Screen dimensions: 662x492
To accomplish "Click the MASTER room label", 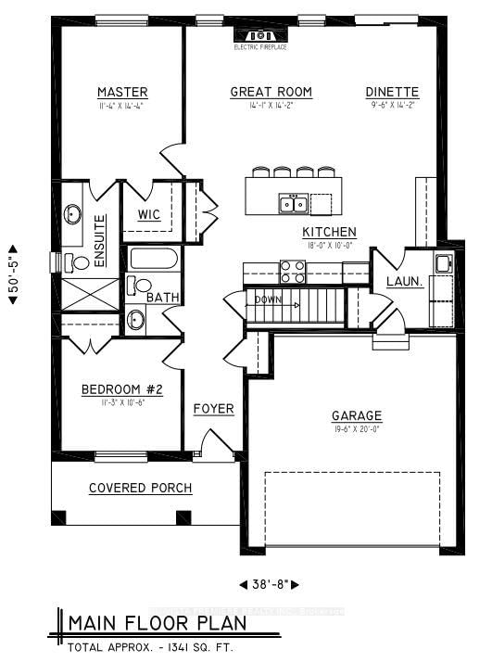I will click(x=122, y=92).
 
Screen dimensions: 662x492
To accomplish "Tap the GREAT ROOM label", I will click(x=271, y=92).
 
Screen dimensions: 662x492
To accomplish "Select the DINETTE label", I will click(x=392, y=92).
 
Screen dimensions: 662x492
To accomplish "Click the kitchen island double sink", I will click(x=293, y=203).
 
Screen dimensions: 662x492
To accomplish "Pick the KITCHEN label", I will click(x=329, y=232).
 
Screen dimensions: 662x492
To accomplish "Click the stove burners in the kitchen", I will click(x=293, y=271).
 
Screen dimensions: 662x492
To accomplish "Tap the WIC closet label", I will click(x=149, y=214).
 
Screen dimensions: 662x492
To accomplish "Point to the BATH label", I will click(x=162, y=298).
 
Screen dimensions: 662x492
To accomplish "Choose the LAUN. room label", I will click(x=405, y=280).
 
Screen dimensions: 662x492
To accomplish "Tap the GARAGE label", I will click(x=357, y=416).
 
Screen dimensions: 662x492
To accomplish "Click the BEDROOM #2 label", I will click(x=121, y=389).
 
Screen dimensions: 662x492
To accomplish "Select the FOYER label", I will click(x=213, y=409).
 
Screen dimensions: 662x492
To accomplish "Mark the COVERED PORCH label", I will click(x=140, y=488).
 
